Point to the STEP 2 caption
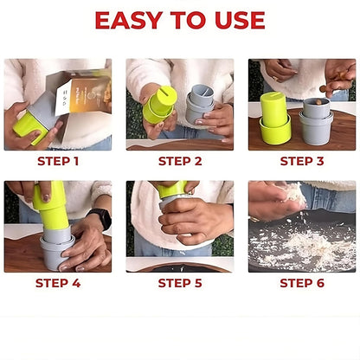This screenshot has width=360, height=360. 179,161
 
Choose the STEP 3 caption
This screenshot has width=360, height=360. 301,161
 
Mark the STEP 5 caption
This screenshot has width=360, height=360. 179,283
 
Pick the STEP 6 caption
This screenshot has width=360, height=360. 301,283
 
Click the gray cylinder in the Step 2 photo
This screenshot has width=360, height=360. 201,106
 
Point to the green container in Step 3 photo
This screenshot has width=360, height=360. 276,119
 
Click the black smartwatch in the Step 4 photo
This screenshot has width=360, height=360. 100,218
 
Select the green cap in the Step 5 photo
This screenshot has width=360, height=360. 170,189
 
